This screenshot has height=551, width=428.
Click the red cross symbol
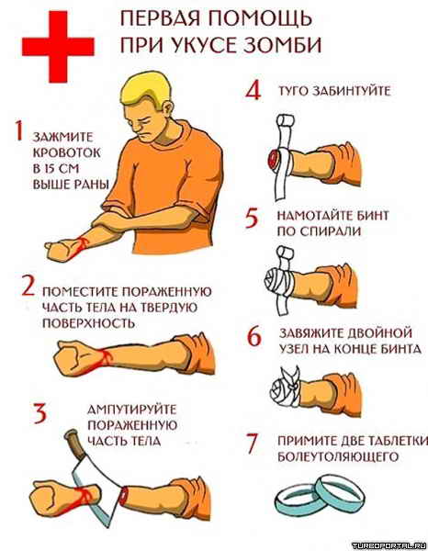point(58,47)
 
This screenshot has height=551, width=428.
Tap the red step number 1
point(19,130)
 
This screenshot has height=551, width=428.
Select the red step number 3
point(39,413)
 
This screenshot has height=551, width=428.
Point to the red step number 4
point(253,90)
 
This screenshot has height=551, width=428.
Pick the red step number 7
point(253,444)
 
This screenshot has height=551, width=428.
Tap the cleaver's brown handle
point(73,444)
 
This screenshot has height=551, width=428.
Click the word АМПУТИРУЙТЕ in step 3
point(131,410)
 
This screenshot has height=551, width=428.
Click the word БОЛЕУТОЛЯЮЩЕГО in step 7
point(338,456)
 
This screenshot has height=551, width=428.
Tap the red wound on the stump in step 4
point(273,159)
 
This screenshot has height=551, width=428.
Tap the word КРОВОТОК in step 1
point(67,152)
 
